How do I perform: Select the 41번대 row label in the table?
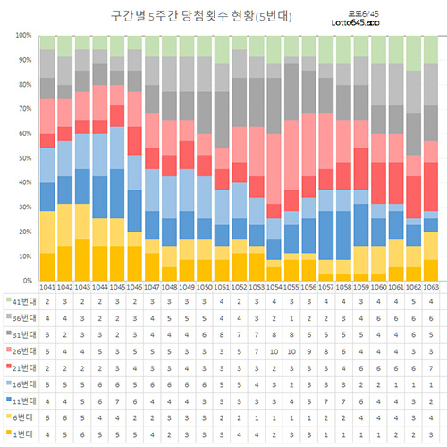[21, 302]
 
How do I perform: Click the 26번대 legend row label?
[21, 353]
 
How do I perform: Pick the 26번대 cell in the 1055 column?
[291, 353]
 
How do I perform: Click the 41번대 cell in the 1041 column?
[48, 302]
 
